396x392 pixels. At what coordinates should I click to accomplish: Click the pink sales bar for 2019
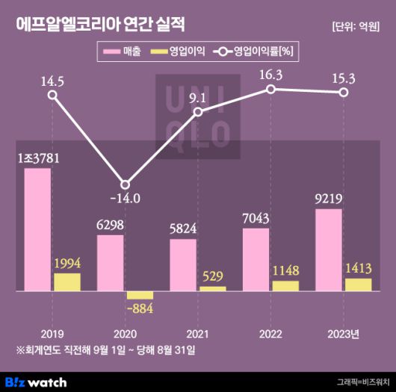click(37, 229)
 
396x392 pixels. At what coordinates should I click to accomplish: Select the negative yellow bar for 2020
click(140, 295)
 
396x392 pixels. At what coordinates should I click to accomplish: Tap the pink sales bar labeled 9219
click(329, 249)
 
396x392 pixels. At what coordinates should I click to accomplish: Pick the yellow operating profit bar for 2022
click(285, 285)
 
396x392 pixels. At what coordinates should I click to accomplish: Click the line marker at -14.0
click(126, 184)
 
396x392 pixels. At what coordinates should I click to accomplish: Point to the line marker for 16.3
click(271, 89)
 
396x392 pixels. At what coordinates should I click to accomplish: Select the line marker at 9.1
click(198, 112)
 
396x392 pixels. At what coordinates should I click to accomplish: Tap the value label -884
click(140, 308)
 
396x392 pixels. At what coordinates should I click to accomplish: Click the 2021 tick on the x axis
click(198, 333)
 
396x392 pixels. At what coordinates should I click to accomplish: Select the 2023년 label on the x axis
click(344, 333)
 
